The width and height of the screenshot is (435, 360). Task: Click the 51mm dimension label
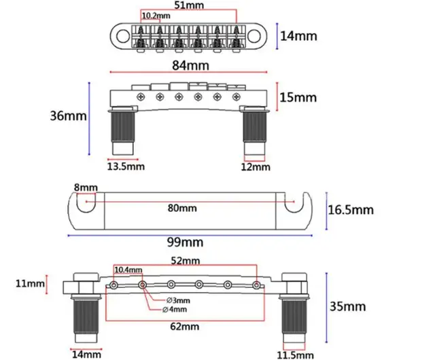pyautogui.click(x=189, y=5)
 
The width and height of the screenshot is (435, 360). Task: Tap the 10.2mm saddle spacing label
pyautogui.click(x=156, y=16)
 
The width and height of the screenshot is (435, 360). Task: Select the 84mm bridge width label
pyautogui.click(x=190, y=65)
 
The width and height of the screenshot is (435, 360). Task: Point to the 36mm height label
pyautogui.click(x=68, y=115)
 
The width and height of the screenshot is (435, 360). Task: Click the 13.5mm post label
pyautogui.click(x=126, y=166)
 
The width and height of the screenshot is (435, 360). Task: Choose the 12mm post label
pyautogui.click(x=256, y=167)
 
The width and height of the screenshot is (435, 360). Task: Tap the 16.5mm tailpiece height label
pyautogui.click(x=351, y=210)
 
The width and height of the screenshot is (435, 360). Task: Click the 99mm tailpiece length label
pyautogui.click(x=185, y=242)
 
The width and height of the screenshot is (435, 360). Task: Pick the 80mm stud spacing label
pyautogui.click(x=182, y=208)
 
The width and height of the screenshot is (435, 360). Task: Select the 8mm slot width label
pyautogui.click(x=86, y=187)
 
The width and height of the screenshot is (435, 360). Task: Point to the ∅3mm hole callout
pyautogui.click(x=178, y=300)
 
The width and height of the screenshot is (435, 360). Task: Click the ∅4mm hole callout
pyautogui.click(x=175, y=309)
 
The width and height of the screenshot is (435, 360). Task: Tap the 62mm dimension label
pyautogui.click(x=184, y=327)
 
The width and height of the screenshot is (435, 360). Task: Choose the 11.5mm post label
pyautogui.click(x=295, y=355)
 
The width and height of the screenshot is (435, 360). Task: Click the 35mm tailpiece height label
pyautogui.click(x=347, y=306)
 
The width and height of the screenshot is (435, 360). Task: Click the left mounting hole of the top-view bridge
pyautogui.click(x=123, y=36)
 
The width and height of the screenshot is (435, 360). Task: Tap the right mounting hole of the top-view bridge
pyautogui.click(x=254, y=36)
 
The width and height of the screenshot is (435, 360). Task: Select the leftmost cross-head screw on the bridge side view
pyautogui.click(x=141, y=97)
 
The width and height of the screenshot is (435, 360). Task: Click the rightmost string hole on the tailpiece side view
pyautogui.click(x=256, y=285)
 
